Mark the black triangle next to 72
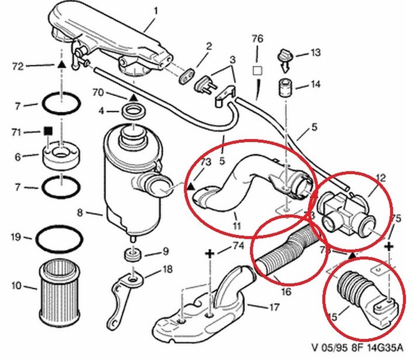(x=61, y=63)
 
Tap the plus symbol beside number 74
(x=210, y=255)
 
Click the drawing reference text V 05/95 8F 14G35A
(x=359, y=347)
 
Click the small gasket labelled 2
(x=187, y=77)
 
